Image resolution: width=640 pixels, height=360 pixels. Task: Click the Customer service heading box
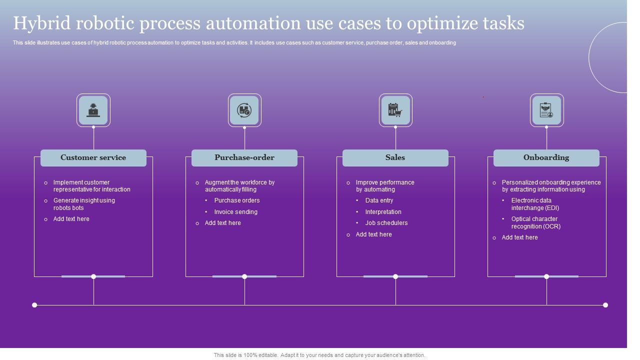pos(93,157)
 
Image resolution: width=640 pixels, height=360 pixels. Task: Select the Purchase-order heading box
pos(244,157)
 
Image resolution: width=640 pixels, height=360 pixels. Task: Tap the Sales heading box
pos(395,157)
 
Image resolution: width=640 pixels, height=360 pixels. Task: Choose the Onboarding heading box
pos(546,157)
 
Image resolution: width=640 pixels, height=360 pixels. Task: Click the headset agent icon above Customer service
pos(93,110)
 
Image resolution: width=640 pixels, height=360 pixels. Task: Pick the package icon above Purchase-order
pos(244,110)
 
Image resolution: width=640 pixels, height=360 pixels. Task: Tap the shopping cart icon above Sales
pos(395,110)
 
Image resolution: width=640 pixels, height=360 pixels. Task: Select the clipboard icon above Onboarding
pos(546,110)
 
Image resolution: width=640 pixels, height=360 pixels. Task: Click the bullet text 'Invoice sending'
pos(235,212)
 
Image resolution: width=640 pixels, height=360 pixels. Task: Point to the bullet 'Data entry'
pos(379,200)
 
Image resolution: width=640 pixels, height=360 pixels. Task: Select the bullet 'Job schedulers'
pos(386,223)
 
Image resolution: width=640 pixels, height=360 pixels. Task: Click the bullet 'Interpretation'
pos(383,212)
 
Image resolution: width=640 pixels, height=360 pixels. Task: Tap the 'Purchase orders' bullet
pos(236,200)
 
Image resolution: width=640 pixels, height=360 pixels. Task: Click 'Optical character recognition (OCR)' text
pos(535,222)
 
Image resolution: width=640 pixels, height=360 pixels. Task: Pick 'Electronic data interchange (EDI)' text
pos(534,204)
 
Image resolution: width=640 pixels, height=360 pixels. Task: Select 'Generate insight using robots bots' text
pos(83,204)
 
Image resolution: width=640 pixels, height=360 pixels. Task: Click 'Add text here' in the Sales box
pos(373,234)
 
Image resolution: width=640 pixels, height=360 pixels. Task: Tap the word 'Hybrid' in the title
pos(40,23)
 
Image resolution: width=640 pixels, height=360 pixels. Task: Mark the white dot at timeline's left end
pos(34,305)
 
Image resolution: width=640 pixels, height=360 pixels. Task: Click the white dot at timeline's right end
pos(605,305)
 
